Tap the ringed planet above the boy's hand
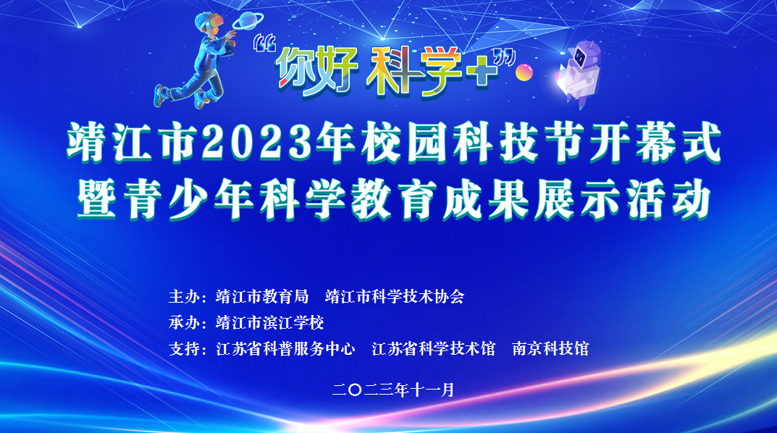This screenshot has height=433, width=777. (248, 20)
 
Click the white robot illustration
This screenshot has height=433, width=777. (580, 73)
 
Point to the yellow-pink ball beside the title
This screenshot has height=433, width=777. (524, 72)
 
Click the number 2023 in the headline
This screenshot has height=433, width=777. (257, 142)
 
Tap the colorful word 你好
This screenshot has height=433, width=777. (317, 70)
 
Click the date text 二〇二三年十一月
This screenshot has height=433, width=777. (393, 390)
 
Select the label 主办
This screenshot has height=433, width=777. (184, 297)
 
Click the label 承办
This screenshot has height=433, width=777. (184, 323)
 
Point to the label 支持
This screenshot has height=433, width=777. (184, 349)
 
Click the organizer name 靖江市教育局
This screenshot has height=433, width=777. (262, 297)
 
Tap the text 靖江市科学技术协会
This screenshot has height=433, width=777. (395, 297)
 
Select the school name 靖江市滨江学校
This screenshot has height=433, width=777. (270, 323)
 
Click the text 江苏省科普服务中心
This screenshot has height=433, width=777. (286, 349)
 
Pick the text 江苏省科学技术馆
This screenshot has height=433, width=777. (434, 349)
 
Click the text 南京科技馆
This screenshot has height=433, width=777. (550, 349)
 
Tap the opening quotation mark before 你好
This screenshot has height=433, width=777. (264, 43)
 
